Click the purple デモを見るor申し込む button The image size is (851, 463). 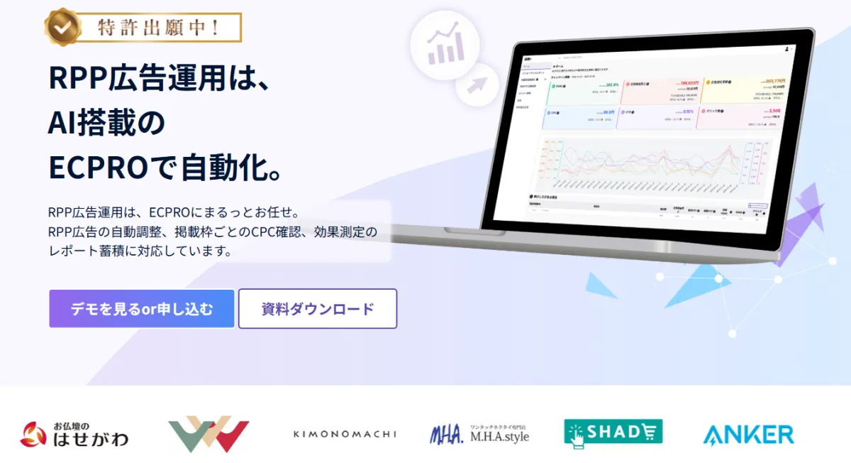click(x=141, y=309)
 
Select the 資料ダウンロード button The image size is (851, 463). click(x=317, y=309)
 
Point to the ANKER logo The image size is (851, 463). click(x=748, y=434)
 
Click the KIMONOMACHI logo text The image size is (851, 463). click(x=345, y=434)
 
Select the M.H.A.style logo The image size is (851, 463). click(x=479, y=434)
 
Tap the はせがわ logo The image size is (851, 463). click(x=74, y=434)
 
